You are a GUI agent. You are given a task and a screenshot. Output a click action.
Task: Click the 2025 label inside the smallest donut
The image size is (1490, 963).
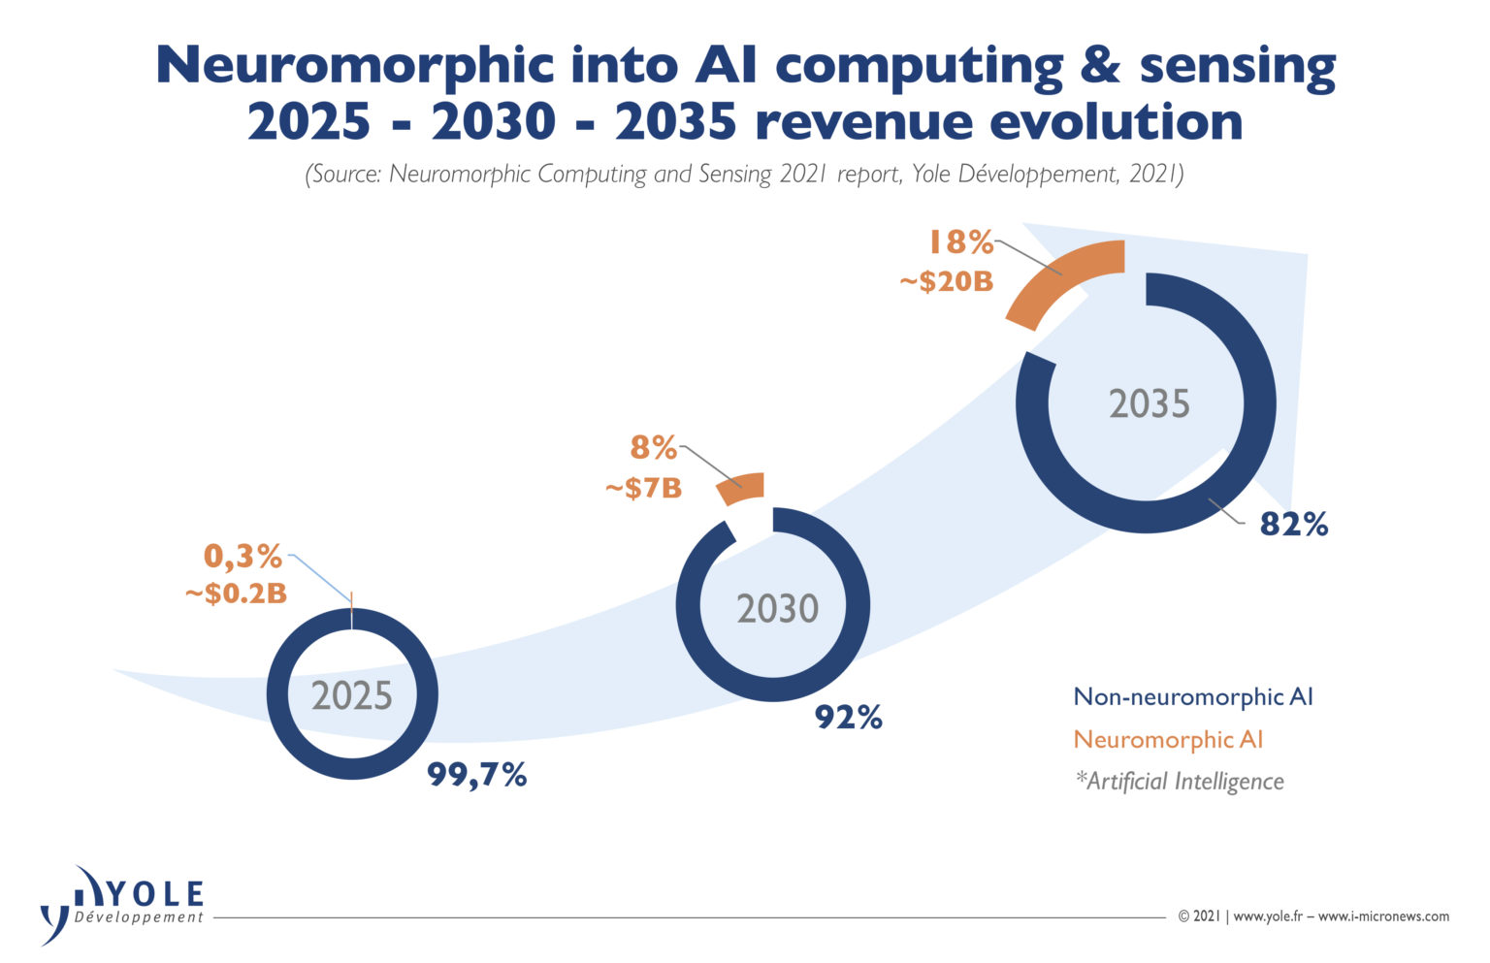click(352, 695)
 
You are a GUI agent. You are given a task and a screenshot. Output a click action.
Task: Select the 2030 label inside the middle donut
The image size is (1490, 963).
click(777, 608)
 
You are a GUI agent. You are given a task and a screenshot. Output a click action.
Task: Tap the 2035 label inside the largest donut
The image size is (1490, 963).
click(1149, 403)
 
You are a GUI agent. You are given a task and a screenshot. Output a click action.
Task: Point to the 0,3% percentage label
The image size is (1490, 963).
click(243, 557)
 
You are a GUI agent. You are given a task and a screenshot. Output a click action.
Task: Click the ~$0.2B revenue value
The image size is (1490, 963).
click(236, 594)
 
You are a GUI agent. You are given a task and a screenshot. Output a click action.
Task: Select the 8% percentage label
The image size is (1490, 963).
click(653, 447)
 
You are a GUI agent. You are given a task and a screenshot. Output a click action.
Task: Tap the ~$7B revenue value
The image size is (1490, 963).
click(643, 488)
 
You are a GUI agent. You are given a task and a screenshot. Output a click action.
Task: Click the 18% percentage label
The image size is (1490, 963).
click(960, 241)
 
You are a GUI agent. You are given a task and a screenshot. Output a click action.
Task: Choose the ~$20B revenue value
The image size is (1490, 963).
click(946, 281)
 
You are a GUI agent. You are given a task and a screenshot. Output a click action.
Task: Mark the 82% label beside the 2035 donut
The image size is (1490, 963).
click(1293, 525)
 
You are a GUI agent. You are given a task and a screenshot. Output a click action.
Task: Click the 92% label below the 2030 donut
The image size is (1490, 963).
click(848, 718)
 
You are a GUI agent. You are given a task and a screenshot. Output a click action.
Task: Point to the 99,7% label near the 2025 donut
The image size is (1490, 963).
click(477, 775)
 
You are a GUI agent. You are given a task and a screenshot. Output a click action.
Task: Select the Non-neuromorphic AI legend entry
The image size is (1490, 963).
click(1192, 696)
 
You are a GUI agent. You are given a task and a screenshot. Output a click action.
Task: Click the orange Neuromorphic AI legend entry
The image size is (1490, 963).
click(1168, 739)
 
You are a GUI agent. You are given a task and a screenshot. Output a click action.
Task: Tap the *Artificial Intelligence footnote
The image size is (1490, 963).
click(1179, 781)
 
